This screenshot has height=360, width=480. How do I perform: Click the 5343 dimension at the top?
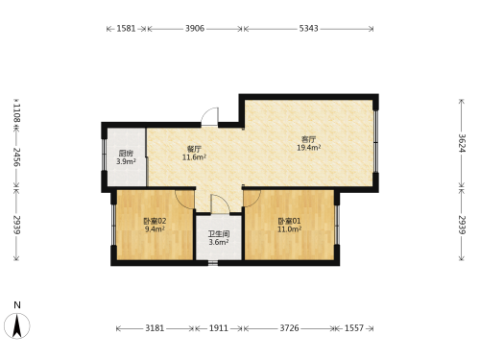308,29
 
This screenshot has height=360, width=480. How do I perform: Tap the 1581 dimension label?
126,29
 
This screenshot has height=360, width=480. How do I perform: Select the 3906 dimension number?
195,29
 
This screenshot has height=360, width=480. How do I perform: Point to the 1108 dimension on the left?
16,112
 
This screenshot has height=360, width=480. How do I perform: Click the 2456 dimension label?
16,156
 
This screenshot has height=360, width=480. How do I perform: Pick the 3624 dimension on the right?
462,143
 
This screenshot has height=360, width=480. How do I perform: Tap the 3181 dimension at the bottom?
155,328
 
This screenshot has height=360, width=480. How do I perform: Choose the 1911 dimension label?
219,328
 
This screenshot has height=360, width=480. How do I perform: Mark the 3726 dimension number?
289,328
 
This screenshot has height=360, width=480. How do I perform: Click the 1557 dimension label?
354,328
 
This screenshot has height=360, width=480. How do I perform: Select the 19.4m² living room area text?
309,148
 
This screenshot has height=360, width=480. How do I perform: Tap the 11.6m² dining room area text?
194,157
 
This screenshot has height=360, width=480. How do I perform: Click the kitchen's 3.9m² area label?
126,161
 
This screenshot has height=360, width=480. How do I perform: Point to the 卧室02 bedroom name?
155,221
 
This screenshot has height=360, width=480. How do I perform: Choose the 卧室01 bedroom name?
289,221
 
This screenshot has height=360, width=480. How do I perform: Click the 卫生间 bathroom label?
219,234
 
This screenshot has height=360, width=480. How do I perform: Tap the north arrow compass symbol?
17,325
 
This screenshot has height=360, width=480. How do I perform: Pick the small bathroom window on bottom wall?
213,263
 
